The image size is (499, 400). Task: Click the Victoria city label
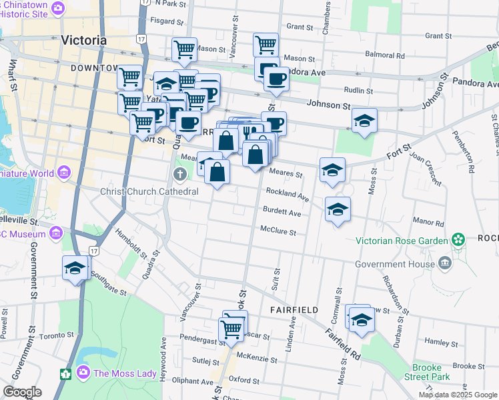click(83, 40)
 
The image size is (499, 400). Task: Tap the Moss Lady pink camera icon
click(84, 373)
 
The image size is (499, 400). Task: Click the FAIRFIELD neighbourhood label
click(293, 311)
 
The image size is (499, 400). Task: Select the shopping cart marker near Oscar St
click(231, 328)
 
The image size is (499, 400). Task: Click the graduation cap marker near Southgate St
click(75, 268)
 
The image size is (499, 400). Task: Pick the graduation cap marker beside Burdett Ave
click(338, 209)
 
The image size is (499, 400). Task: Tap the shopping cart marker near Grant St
click(266, 45)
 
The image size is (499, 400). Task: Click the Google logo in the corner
click(22, 392)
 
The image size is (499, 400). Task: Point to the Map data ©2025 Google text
click(458, 395)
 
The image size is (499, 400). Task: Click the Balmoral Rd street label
click(386, 55)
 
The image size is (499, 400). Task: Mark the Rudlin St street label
click(356, 90)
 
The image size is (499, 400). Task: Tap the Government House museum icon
click(446, 263)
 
